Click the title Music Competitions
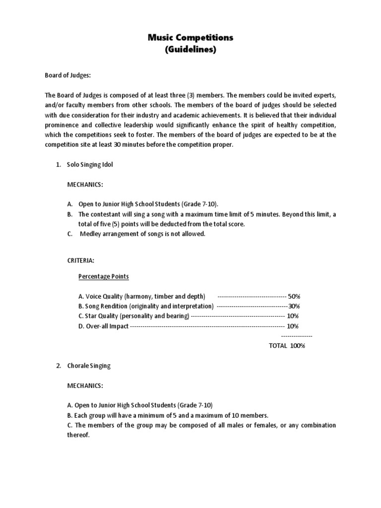191,37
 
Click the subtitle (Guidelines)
191,50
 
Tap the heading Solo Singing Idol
90,165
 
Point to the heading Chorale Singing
89,366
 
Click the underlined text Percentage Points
104,276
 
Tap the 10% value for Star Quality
293,316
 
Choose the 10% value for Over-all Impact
293,326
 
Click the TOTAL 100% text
287,346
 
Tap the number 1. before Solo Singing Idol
58,165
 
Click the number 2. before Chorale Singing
58,366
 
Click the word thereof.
78,435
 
